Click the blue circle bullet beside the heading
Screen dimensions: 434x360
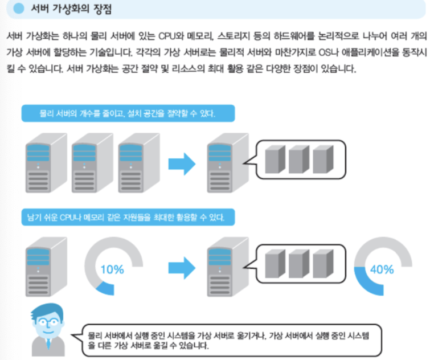19,9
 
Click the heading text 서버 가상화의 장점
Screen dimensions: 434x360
71,9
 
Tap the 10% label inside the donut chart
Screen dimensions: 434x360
112,269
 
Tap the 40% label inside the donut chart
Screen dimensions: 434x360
382,269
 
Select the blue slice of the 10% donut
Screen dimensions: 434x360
106,289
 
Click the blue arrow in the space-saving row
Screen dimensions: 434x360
182,164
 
